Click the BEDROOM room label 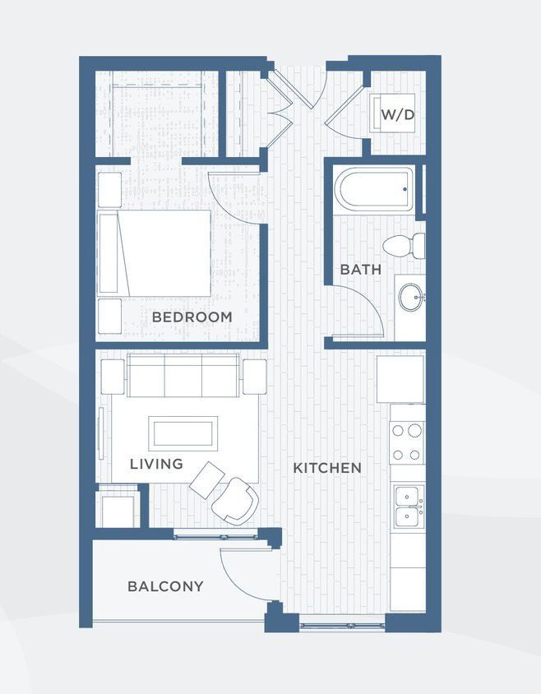pos(192,317)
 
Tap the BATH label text pos(361,269)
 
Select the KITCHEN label pos(327,468)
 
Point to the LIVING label pos(156,465)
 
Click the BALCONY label pos(165,586)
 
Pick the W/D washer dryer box pos(397,115)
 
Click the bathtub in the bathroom pos(374,191)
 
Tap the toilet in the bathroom pos(405,245)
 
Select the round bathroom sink pos(410,297)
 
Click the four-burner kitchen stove pos(407,442)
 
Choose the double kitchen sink pos(407,507)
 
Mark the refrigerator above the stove pos(400,378)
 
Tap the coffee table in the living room pos(183,433)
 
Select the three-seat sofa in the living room pos(183,377)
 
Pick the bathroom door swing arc pos(362,317)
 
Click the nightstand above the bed pos(109,189)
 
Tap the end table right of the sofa pos(254,376)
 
